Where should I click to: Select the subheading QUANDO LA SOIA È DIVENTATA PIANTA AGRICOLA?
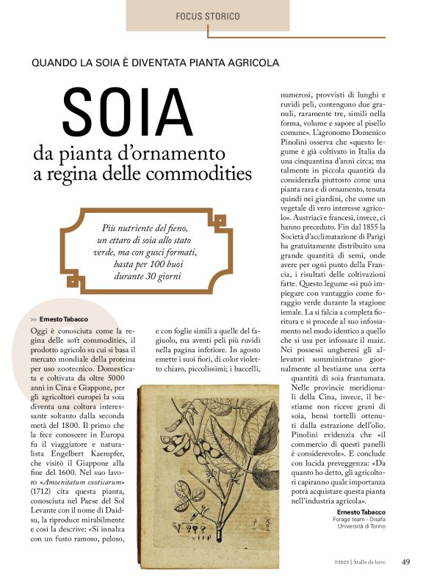[x=155, y=62]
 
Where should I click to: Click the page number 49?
[x=405, y=562]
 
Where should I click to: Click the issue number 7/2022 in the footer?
[x=339, y=563]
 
